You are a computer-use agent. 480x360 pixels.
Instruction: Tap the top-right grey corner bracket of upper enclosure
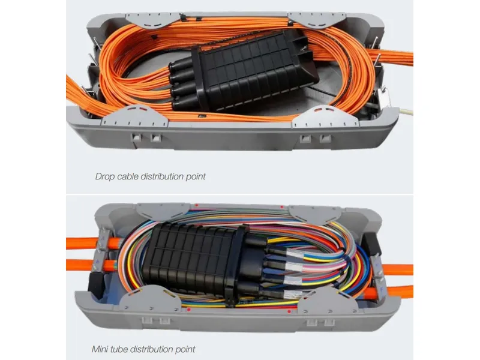click(317, 19)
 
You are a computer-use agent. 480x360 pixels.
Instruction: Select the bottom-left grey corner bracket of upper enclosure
click(134, 117)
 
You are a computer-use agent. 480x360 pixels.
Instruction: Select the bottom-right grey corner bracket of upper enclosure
click(325, 117)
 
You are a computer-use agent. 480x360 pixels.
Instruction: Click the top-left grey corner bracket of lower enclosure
click(162, 211)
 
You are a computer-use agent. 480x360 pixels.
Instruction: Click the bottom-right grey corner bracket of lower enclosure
click(327, 302)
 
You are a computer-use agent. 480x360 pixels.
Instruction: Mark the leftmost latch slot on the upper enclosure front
click(136, 137)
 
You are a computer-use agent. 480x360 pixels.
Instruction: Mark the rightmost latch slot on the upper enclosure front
click(325, 138)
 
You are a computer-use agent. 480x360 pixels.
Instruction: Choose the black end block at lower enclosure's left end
click(95, 284)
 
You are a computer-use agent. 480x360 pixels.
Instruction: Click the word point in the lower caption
click(185, 350)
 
